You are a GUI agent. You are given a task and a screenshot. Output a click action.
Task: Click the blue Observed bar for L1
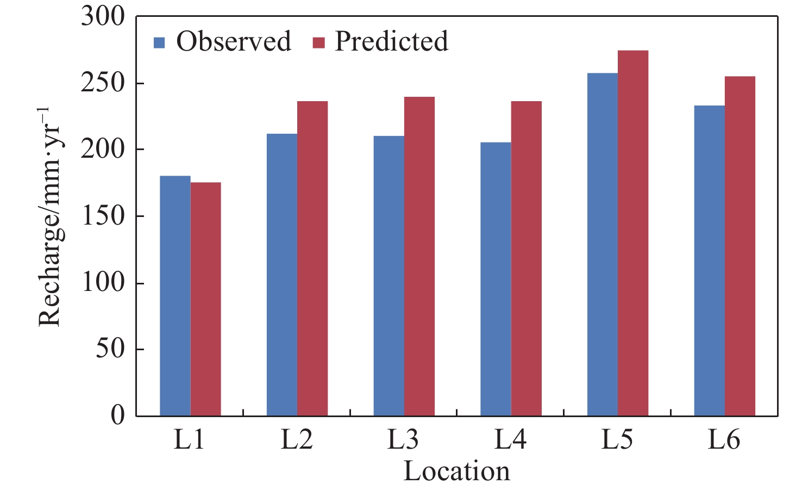tap(175, 296)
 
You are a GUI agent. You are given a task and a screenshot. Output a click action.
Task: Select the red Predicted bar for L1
tap(205, 299)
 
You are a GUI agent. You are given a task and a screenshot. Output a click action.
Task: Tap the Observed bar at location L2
tap(282, 275)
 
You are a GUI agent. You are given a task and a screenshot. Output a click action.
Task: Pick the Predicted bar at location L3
tap(419, 256)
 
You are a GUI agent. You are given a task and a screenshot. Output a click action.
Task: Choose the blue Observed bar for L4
tap(496, 279)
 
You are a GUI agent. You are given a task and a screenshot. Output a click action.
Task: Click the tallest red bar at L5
tap(633, 233)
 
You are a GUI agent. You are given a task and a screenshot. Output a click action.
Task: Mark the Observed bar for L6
tap(709, 260)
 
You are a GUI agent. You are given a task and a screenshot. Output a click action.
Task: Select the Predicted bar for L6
tap(740, 246)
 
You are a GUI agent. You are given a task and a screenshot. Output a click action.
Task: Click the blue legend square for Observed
tap(159, 42)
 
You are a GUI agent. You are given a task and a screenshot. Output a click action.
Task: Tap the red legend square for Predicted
tap(318, 42)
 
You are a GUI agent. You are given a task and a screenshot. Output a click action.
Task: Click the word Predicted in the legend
tap(391, 41)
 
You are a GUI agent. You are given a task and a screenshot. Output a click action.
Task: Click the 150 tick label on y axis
tap(103, 216)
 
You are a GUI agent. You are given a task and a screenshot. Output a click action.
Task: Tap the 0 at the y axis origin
tap(117, 415)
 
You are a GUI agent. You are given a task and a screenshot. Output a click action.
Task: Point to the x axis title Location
tap(456, 471)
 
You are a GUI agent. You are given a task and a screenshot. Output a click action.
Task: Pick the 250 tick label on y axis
tap(103, 83)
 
